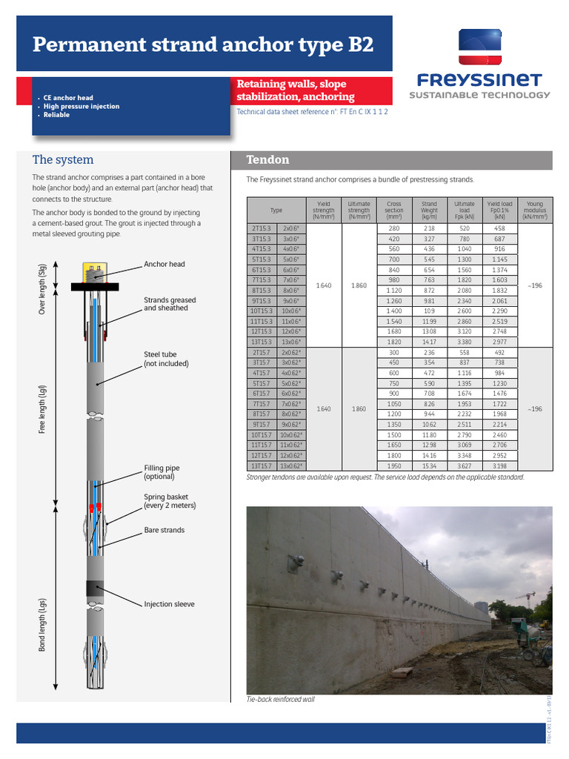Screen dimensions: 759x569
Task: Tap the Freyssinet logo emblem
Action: pos(479,47)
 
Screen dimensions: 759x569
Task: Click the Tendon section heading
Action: pos(267,160)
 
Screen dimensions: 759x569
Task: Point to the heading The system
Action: pos(63,159)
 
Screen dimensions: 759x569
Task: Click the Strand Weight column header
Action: pos(429,211)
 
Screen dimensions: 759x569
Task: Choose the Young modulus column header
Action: pos(534,211)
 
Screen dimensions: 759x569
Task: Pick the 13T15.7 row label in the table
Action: pos(260,465)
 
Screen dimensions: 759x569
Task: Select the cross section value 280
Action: pos(394,228)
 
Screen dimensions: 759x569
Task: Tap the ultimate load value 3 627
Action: pos(465,465)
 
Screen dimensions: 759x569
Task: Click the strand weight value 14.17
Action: pos(429,342)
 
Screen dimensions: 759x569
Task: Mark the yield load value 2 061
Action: pos(499,301)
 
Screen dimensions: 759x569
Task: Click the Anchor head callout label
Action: pos(164,264)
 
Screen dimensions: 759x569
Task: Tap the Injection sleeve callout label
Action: pos(169,604)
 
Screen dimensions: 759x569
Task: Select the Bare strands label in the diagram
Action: pos(164,530)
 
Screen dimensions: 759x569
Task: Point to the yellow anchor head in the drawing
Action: pos(94,273)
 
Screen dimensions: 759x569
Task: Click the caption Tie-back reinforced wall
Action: pos(280,699)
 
